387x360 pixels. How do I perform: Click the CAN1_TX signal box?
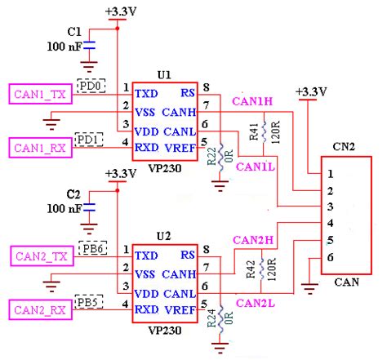click(38, 94)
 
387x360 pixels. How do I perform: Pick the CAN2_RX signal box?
click(38, 310)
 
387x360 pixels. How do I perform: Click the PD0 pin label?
click(88, 85)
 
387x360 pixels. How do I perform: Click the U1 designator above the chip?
click(163, 73)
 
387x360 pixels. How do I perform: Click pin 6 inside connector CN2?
click(330, 258)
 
